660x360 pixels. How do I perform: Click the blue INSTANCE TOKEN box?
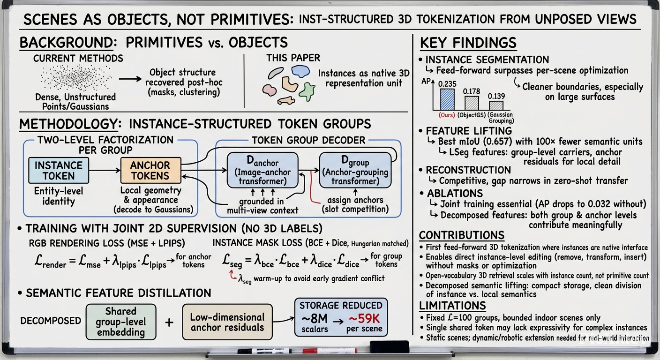[x=59, y=170]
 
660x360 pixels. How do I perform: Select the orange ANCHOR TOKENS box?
[x=150, y=170]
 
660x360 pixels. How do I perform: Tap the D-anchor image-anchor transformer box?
[x=262, y=170]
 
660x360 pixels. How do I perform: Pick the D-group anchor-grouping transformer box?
[x=355, y=170]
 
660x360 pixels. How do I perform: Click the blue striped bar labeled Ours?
[x=447, y=99]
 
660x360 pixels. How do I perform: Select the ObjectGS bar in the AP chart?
[x=472, y=103]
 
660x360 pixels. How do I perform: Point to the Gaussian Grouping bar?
[x=496, y=105]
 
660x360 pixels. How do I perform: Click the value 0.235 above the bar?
[x=447, y=84]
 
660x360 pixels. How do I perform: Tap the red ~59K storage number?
[x=364, y=319]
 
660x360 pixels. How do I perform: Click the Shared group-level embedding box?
[x=121, y=322]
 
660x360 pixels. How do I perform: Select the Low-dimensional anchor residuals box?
[x=227, y=322]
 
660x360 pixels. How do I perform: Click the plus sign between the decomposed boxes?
[x=169, y=322]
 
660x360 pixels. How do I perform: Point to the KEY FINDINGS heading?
[x=468, y=43]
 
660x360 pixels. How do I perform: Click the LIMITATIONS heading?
[x=452, y=306]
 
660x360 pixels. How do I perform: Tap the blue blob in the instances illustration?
[x=300, y=71]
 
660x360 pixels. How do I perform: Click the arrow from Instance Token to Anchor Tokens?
[x=105, y=170]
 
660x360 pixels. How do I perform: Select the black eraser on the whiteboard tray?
[x=390, y=347]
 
